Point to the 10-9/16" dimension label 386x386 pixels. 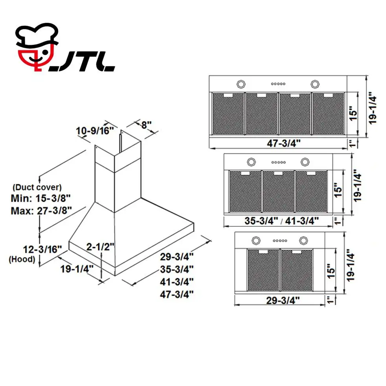click(95, 131)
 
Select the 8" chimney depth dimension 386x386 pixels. click(146, 125)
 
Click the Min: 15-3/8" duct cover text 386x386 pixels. click(41, 198)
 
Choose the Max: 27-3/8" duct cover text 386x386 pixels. click(41, 211)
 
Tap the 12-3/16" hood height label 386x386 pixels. click(42, 249)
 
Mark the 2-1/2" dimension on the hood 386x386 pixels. click(101, 246)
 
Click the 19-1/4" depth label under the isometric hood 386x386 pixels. click(77, 269)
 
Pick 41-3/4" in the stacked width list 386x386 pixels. click(177, 281)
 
